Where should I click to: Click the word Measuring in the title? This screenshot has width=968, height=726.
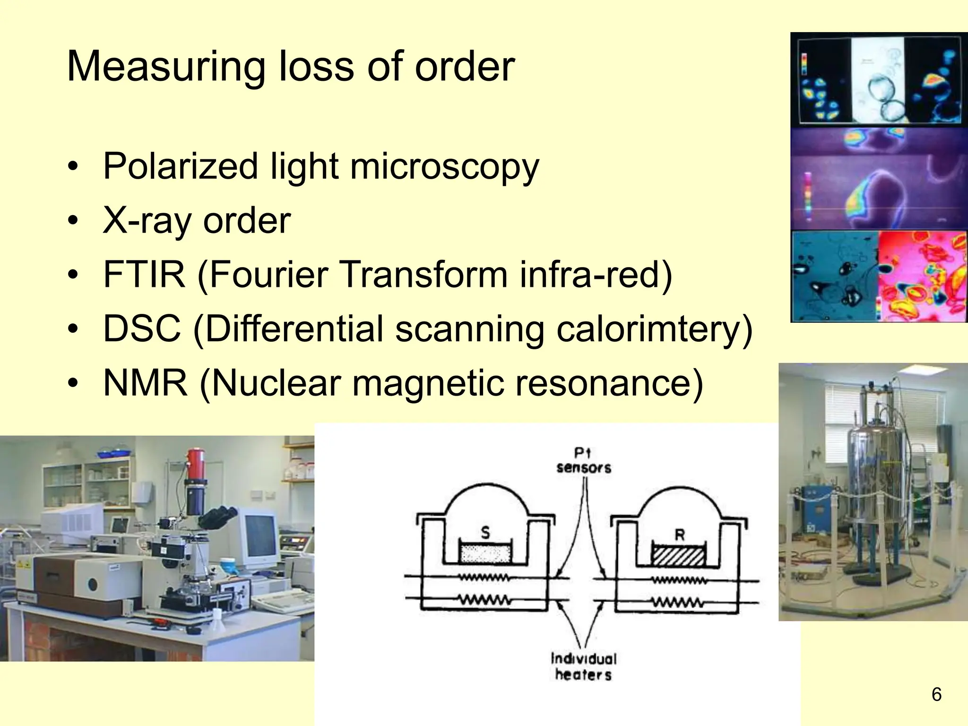coord(165,67)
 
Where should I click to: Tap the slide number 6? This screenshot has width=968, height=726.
coord(936,694)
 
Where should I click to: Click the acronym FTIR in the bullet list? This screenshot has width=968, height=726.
coord(144,275)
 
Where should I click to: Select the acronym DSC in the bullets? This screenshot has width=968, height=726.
coord(142,328)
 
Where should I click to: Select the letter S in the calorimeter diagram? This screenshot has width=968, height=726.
coord(485,533)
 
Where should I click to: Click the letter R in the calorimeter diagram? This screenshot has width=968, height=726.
coord(680,535)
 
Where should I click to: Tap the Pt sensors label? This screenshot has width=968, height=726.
coord(583,461)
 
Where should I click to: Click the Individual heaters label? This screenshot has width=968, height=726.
coord(583,666)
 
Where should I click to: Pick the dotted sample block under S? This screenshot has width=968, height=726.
coord(485,553)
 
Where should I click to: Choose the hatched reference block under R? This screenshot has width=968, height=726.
coord(678,556)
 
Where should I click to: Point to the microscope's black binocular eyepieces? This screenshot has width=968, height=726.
coord(217,517)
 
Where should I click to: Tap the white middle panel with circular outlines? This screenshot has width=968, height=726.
coord(878,78)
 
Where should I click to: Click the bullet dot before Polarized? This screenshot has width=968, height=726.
coord(72,166)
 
